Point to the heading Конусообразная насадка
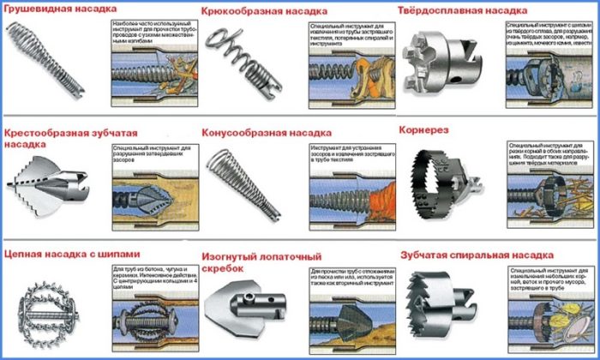(x=266, y=134)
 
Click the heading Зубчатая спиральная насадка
(x=470, y=255)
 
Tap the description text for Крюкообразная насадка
(x=351, y=35)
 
